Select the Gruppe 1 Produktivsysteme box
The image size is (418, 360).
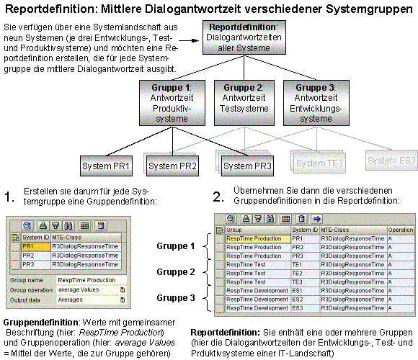coord(169,102)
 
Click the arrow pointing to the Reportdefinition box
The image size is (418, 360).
coord(189,40)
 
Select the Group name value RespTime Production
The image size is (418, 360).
coord(87,280)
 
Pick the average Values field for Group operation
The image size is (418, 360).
coord(87,289)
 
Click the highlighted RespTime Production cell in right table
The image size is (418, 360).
coord(257,238)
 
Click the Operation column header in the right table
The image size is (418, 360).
coord(401,230)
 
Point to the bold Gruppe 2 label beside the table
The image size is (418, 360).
coord(177,272)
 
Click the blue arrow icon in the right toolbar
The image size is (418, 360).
coord(317,218)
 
